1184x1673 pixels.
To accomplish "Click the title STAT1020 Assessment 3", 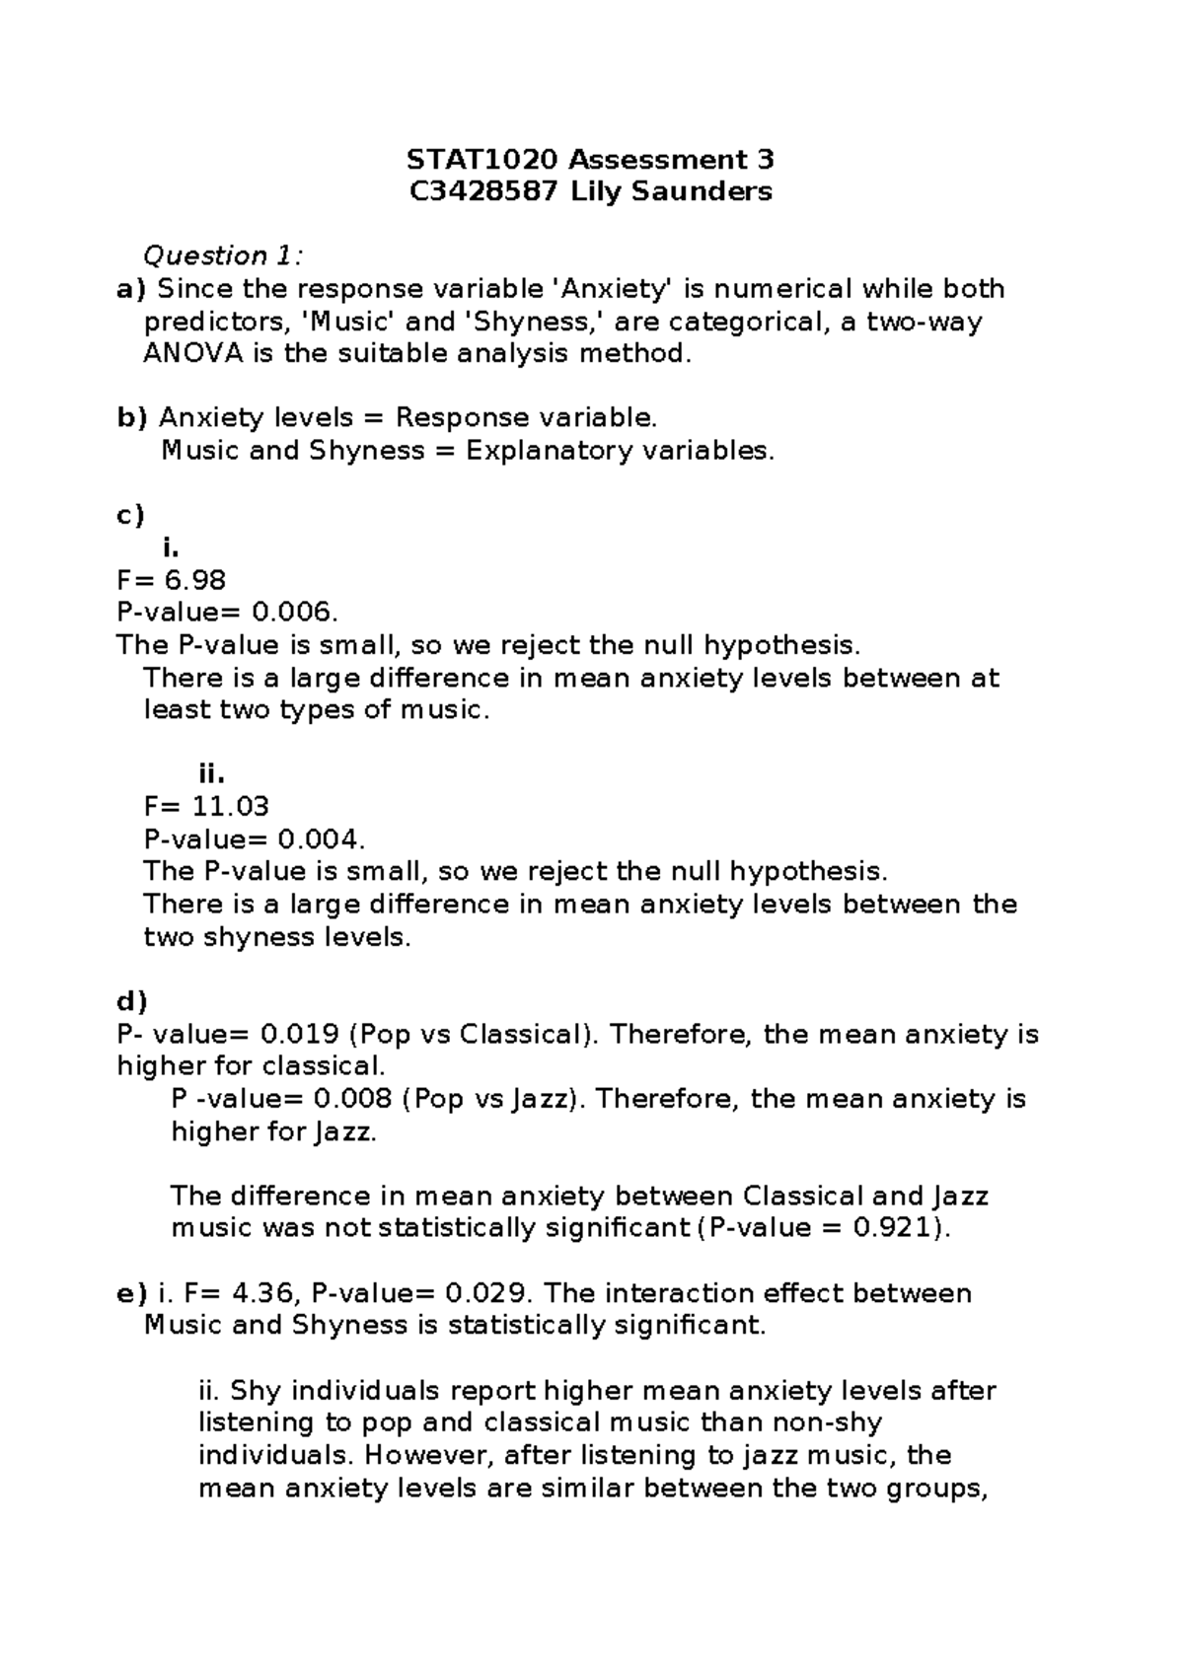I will click(x=591, y=159).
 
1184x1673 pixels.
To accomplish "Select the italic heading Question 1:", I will click(x=223, y=256).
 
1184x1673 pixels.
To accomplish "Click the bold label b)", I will click(x=131, y=418).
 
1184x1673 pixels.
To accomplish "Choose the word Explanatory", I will click(x=550, y=451).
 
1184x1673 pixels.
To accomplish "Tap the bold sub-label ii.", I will click(x=212, y=774).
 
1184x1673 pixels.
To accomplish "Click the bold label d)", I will click(x=131, y=1002).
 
